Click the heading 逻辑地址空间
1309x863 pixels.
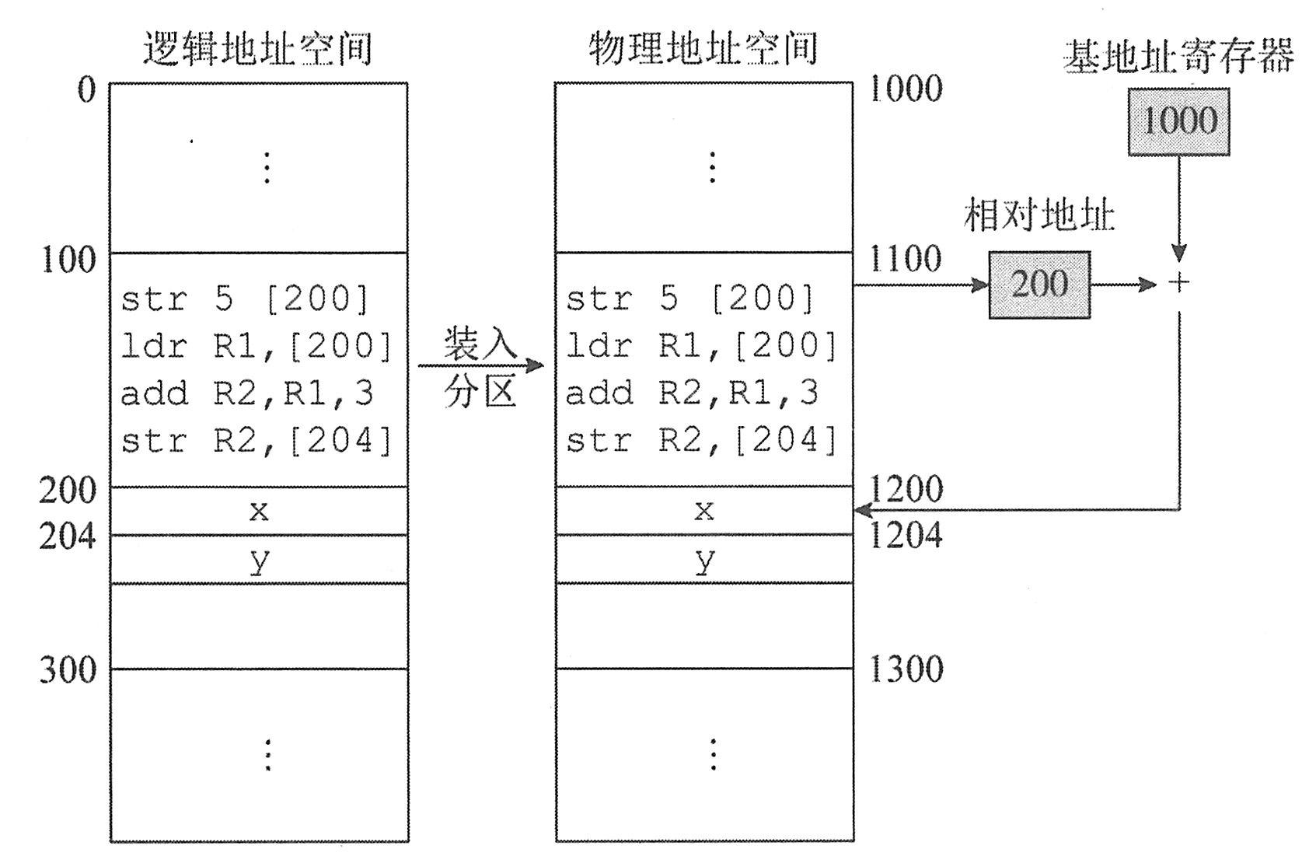[x=258, y=48]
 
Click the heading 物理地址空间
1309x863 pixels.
[x=703, y=48]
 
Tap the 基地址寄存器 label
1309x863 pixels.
[x=1178, y=56]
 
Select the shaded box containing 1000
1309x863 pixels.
[x=1178, y=121]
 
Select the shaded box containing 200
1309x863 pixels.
[x=1039, y=285]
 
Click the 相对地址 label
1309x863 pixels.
[x=1039, y=215]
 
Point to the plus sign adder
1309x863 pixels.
[x=1179, y=283]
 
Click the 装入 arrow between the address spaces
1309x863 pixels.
[x=480, y=365]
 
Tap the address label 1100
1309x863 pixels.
[x=904, y=258]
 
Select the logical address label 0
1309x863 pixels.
[x=86, y=90]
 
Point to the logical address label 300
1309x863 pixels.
[x=68, y=669]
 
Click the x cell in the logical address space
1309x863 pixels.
[x=259, y=511]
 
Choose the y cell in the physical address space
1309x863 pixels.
[x=704, y=559]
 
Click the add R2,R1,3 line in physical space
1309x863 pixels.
[x=692, y=393]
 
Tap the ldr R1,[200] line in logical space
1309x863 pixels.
[x=257, y=346]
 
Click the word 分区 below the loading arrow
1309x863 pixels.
[x=480, y=393]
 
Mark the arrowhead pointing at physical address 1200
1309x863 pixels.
[x=862, y=510]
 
